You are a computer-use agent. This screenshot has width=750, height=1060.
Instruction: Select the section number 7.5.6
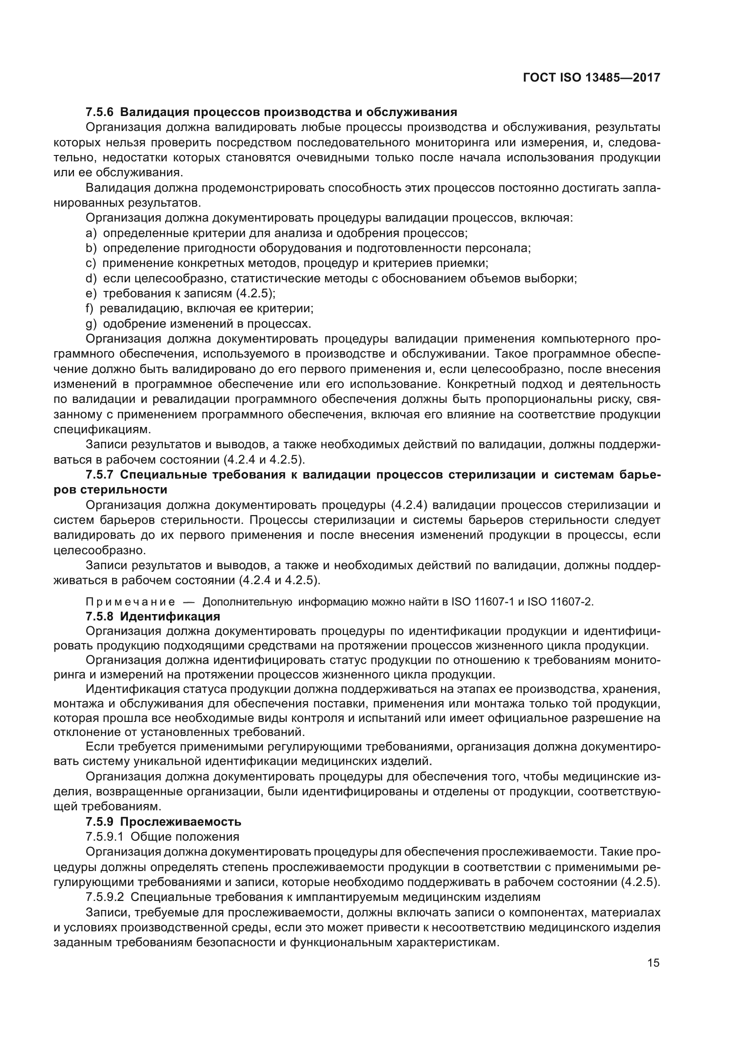(x=99, y=112)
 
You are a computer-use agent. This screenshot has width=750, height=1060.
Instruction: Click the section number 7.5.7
(x=99, y=474)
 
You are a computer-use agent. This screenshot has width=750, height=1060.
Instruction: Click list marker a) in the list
(x=91, y=233)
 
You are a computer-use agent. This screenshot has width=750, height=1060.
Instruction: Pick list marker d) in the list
(x=91, y=278)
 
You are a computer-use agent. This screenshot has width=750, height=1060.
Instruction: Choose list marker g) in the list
(x=91, y=324)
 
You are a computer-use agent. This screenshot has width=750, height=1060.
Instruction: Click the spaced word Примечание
(x=130, y=602)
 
